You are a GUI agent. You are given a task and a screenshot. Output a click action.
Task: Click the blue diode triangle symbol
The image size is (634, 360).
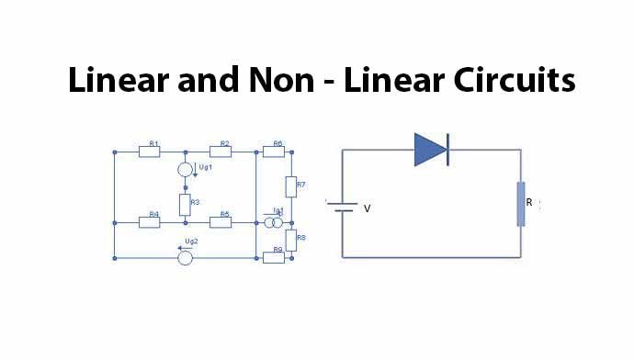point(430,150)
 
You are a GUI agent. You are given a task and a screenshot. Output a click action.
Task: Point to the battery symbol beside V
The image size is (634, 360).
point(344,207)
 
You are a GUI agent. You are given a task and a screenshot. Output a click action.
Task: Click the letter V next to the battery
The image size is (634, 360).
point(368,208)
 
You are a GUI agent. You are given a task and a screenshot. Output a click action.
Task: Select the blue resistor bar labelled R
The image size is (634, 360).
point(521,205)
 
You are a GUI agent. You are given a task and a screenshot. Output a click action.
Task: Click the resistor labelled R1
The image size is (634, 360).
point(150,152)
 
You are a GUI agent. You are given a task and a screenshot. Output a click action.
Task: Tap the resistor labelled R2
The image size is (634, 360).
point(220,152)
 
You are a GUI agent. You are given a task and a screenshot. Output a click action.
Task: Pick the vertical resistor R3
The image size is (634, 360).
point(185,203)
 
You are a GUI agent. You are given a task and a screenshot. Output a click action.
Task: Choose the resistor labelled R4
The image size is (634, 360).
point(150,221)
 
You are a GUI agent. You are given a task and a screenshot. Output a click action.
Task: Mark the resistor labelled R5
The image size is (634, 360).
point(220,221)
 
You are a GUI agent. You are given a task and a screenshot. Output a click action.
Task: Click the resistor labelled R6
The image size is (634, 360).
point(273,152)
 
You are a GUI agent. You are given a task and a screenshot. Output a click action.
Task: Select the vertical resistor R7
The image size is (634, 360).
point(290,186)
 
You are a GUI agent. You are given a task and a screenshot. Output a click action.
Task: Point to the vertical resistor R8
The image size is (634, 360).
point(290,240)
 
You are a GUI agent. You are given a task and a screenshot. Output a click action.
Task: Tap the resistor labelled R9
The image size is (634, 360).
point(273,258)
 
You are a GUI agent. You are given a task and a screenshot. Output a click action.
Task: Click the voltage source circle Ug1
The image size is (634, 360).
point(185,170)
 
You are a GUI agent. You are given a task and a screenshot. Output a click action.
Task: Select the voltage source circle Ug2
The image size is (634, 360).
point(185,258)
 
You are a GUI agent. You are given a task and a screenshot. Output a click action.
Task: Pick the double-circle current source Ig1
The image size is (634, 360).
point(273,222)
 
